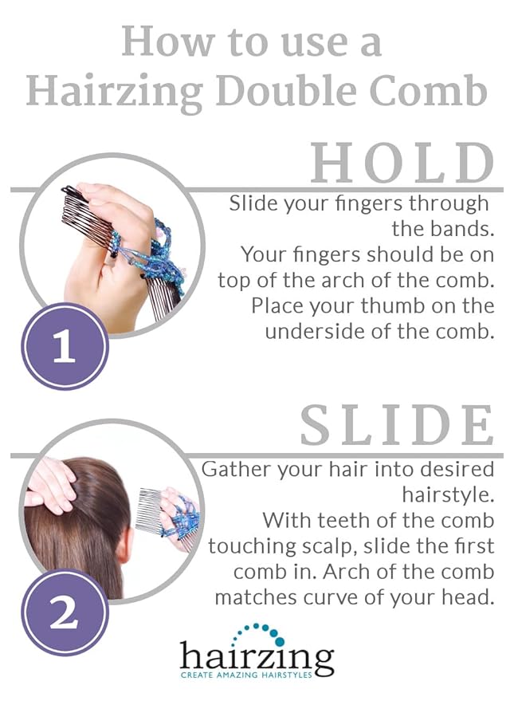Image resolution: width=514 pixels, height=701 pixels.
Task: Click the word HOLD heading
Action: coord(402,163)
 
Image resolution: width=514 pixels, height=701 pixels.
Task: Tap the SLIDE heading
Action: coord(397,427)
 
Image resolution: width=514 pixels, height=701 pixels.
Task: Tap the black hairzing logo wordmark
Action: coord(257,657)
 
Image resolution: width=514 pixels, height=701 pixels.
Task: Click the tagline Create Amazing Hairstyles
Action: coord(257,677)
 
